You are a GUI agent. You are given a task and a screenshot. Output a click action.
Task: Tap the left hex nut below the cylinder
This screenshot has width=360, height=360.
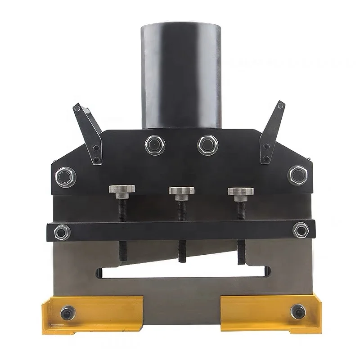coord(155,145)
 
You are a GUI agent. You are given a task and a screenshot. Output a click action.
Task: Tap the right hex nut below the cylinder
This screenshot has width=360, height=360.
coord(207,144)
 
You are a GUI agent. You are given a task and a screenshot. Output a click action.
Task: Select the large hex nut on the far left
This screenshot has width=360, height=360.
coord(66,176)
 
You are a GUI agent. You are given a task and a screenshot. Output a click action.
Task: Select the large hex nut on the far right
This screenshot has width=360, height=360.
coord(297,175)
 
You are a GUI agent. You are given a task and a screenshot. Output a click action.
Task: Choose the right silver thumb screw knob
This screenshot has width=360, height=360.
coord(240,192)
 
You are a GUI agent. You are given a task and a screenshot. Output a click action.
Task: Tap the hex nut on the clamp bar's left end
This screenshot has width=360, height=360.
coord(62,232)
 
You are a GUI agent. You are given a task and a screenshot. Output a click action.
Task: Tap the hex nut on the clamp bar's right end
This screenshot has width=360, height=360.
coord(300,230)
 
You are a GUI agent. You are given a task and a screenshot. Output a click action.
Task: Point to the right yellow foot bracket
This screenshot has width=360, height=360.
coord(270,311)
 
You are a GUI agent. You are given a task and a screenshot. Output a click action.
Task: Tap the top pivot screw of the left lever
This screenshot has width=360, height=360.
coord(77,108)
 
